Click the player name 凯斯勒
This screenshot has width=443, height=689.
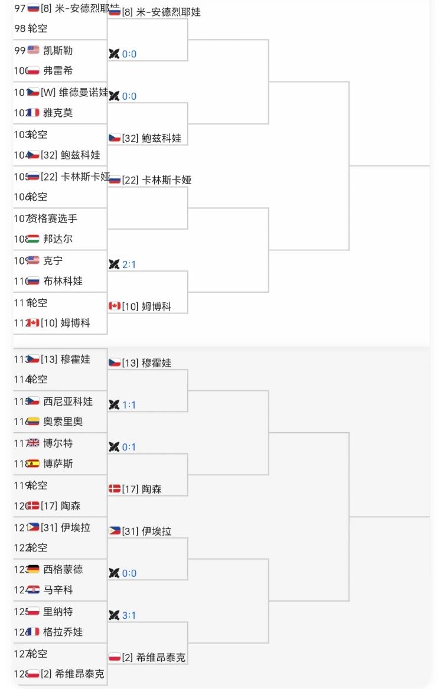tap(58, 50)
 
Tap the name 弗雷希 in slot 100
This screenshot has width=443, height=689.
tap(58, 71)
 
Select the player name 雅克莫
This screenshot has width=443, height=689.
tap(58, 113)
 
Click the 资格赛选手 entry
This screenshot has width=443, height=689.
tap(53, 218)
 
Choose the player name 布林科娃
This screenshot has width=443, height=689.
tap(63, 282)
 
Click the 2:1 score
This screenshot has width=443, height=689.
tap(129, 265)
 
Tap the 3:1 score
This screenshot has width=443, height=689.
tap(129, 615)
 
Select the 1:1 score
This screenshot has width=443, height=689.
tap(129, 405)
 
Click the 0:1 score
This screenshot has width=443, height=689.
tap(129, 447)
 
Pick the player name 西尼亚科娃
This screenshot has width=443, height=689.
tap(68, 401)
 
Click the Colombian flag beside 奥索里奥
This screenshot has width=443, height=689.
tap(33, 422)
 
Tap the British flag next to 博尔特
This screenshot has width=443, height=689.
tap(33, 443)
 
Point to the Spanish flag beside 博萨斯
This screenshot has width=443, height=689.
tap(33, 464)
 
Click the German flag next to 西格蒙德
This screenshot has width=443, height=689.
tap(33, 569)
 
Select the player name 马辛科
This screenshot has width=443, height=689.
tap(58, 590)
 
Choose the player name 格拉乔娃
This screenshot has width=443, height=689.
tap(63, 632)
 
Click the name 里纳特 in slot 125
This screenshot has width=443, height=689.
tap(58, 611)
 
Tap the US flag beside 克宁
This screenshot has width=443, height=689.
tap(33, 260)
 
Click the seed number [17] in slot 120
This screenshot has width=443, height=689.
tap(49, 506)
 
